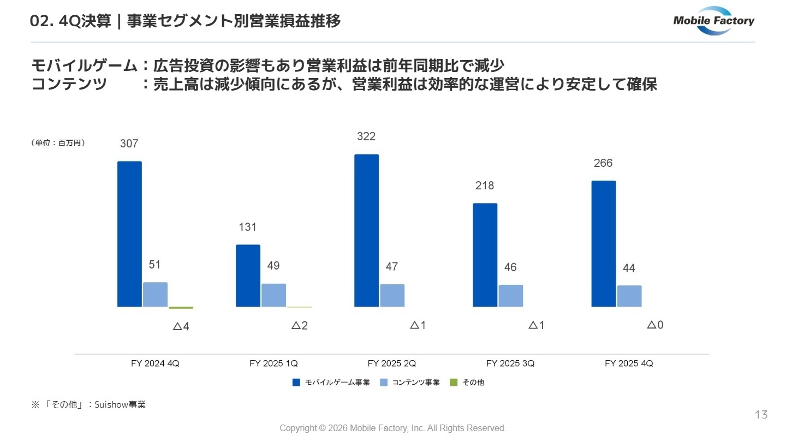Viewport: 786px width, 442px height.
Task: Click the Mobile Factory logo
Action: tap(713, 21)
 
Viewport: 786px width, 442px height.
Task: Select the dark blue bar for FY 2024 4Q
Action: tap(129, 234)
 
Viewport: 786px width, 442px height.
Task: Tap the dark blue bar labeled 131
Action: tap(248, 276)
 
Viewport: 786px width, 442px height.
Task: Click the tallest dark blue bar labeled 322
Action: tap(366, 230)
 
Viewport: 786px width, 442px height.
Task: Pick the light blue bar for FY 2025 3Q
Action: tap(510, 296)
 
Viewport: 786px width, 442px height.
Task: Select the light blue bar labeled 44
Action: tap(629, 296)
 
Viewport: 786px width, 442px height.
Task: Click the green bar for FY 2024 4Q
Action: tap(181, 308)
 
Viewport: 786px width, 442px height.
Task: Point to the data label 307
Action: tap(129, 144)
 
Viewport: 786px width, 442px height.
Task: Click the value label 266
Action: tap(603, 163)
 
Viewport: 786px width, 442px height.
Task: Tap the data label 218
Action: tap(484, 186)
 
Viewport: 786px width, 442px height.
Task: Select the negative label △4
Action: tap(181, 326)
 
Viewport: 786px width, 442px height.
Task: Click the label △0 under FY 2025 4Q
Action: tap(655, 325)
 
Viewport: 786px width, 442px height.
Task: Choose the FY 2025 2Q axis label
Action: tap(392, 363)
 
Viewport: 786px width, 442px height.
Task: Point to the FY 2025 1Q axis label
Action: tap(273, 363)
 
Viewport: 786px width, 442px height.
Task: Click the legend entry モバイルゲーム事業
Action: tap(331, 383)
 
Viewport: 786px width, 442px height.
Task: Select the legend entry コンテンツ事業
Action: tap(410, 383)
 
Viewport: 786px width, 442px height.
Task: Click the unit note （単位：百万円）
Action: tap(58, 143)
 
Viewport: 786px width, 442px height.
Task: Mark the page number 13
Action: tap(761, 415)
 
